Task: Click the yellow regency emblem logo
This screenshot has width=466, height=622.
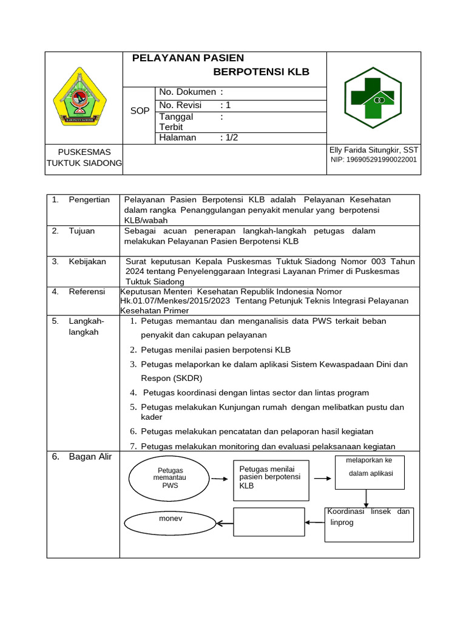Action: coord(79,98)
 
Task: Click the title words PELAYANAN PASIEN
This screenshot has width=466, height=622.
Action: coord(188,58)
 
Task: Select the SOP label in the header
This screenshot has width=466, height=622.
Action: coord(140,111)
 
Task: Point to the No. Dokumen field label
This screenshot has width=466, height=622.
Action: coord(187,92)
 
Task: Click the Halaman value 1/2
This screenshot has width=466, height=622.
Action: coord(229,137)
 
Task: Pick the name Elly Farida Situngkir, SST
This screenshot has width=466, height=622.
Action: coord(373,150)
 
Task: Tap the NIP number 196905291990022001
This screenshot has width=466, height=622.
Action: coord(373,160)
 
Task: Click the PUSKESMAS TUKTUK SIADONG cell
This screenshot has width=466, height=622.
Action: coord(84,157)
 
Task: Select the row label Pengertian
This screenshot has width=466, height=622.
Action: coord(89,199)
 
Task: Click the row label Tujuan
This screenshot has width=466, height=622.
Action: coord(81,231)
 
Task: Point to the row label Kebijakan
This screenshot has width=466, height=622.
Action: coord(87,261)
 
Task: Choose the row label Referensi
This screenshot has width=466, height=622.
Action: coord(87,292)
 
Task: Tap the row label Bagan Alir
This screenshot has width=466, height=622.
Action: coord(90,457)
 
